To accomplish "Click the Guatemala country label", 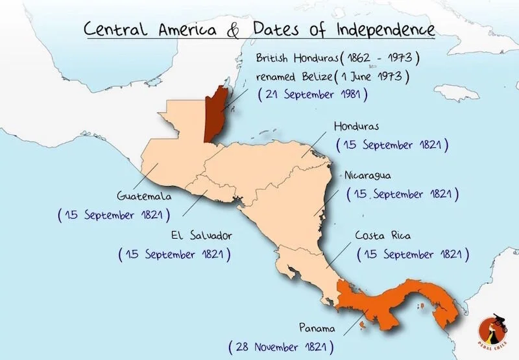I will coord(143,195).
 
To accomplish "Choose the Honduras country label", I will coord(356,126).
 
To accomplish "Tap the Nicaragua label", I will coord(368,175).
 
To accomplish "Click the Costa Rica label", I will coord(383,235).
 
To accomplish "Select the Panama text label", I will coord(317,326).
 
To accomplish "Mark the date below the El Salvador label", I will coord(175,254).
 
